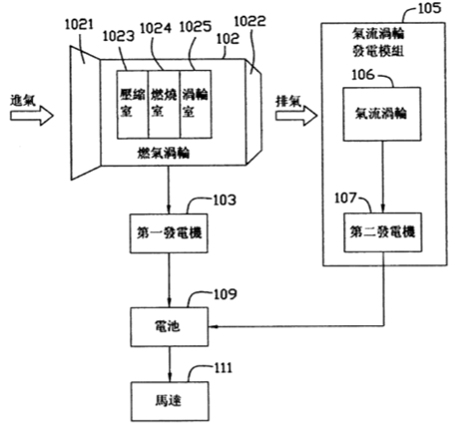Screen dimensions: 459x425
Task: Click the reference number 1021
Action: click(x=79, y=25)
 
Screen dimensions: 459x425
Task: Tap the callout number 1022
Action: click(x=250, y=21)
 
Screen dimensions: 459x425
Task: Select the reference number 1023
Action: click(x=119, y=36)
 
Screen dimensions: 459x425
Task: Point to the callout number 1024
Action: click(x=156, y=28)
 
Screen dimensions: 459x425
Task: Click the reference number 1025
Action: click(x=196, y=27)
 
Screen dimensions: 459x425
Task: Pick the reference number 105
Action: click(x=429, y=8)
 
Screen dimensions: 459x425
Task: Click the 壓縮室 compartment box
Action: click(x=133, y=104)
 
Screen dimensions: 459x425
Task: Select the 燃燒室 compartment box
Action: click(x=164, y=104)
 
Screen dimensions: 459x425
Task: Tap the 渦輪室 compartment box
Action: click(x=196, y=104)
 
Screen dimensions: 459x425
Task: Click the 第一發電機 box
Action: click(x=169, y=233)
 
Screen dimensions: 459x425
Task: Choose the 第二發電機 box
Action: click(x=382, y=232)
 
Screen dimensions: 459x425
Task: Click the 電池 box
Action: click(x=170, y=327)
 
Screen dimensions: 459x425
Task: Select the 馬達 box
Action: click(x=170, y=401)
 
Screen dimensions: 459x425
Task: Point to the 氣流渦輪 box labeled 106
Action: click(x=382, y=114)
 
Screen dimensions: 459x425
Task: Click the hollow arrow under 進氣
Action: click(x=32, y=116)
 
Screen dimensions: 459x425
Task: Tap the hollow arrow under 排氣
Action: click(x=296, y=116)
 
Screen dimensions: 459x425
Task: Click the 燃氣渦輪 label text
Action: click(x=164, y=154)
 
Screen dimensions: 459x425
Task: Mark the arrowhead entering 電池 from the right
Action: click(x=213, y=326)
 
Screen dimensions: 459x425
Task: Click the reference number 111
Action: click(x=223, y=368)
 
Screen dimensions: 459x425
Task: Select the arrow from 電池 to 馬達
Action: click(x=170, y=364)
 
